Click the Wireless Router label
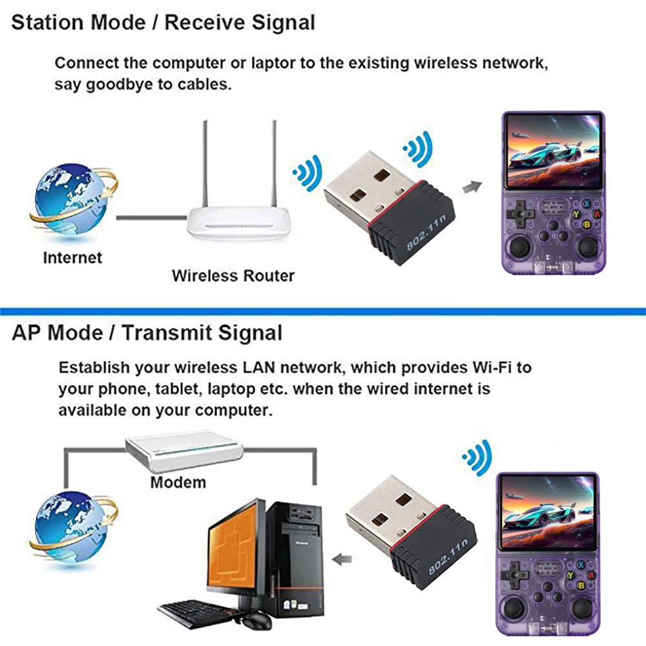[x=233, y=276]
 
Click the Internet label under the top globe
[x=72, y=258]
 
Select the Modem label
[x=178, y=482]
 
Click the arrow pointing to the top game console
[x=472, y=187]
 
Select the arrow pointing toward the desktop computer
[x=341, y=557]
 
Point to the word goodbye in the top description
[x=115, y=84]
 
